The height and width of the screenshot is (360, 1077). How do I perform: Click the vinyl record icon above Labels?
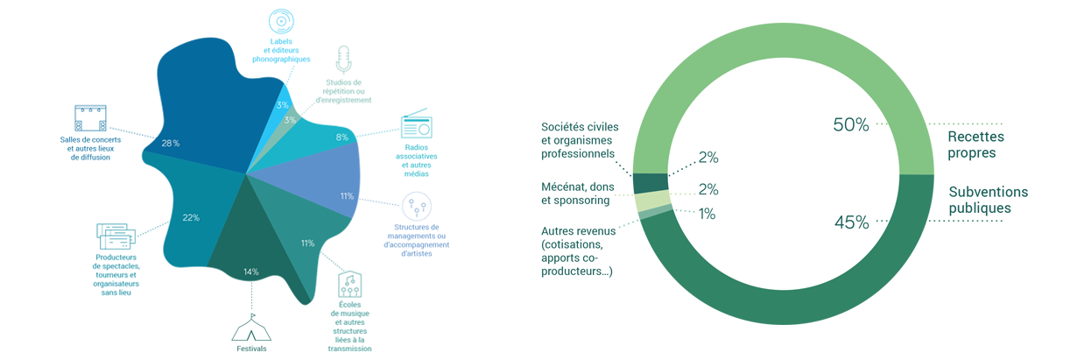click(281, 22)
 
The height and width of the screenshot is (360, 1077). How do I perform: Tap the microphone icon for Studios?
click(343, 60)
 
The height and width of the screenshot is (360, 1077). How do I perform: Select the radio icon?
click(417, 124)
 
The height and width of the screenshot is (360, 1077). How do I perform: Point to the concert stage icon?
click(90, 118)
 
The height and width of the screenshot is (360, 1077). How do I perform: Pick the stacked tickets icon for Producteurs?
click(116, 236)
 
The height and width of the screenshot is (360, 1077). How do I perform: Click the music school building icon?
click(349, 285)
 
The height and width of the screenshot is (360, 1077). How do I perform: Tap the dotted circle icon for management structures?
click(417, 207)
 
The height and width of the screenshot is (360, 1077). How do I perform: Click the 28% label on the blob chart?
click(171, 143)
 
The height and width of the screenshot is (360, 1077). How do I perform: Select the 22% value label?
click(191, 217)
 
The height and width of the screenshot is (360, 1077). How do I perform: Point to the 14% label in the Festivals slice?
click(251, 272)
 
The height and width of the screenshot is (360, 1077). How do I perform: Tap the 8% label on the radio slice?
click(341, 138)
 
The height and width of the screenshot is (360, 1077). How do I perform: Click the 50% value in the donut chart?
click(851, 124)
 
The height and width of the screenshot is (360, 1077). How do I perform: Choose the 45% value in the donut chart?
click(851, 222)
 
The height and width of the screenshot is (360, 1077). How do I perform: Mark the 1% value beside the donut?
click(707, 214)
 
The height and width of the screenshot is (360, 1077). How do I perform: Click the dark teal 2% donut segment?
click(651, 183)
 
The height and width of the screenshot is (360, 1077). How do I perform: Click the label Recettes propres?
click(975, 145)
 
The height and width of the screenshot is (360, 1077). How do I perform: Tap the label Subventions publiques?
click(988, 200)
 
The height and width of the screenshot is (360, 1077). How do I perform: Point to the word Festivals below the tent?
click(251, 349)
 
